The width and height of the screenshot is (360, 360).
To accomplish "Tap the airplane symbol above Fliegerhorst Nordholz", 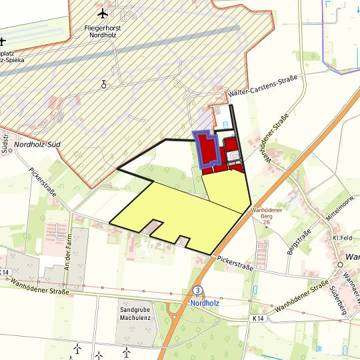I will click(x=102, y=13).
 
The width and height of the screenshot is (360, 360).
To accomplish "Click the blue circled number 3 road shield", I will click(x=198, y=291).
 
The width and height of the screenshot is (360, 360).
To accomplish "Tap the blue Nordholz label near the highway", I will click(x=205, y=302).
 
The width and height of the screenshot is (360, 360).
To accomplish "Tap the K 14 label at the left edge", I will click(x=6, y=272).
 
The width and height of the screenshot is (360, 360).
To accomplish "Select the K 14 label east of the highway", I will click(x=259, y=319).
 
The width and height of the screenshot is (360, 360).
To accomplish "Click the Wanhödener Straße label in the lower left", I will click(x=40, y=287).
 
